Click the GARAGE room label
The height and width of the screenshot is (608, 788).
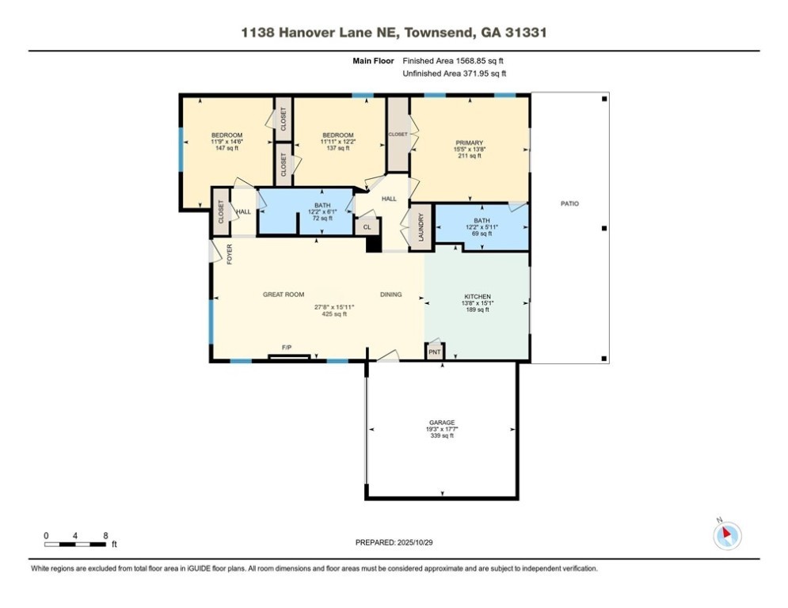(442, 423)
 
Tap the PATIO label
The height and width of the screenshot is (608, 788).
(569, 203)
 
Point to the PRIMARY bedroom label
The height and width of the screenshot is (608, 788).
(469, 142)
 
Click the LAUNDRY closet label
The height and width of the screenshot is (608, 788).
(421, 227)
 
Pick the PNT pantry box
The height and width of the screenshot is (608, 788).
(435, 351)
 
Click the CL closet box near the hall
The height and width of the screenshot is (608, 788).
(367, 227)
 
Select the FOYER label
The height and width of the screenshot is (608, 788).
(230, 253)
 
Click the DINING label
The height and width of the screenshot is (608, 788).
(390, 294)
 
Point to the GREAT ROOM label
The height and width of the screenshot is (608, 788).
(284, 294)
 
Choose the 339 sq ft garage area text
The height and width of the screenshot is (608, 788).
(442, 436)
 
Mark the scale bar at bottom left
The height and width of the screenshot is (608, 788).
(76, 544)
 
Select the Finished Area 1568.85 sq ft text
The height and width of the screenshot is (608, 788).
(454, 60)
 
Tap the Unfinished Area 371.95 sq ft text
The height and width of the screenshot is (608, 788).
(454, 74)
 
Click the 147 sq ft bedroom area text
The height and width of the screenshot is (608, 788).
(227, 149)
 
